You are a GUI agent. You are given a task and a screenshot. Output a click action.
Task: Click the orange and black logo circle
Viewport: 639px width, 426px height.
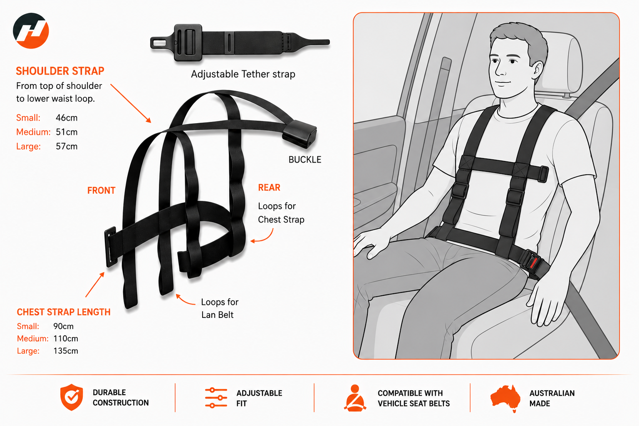[x=31, y=30]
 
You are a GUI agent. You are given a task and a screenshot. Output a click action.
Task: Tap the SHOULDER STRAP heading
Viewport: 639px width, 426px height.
[x=60, y=71]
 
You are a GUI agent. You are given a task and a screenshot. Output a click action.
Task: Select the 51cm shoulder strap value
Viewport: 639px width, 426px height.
[x=67, y=132]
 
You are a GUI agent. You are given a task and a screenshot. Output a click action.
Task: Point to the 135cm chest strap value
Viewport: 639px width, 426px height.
[x=66, y=351]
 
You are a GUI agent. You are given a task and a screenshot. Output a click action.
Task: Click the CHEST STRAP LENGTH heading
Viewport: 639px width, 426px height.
[x=64, y=312]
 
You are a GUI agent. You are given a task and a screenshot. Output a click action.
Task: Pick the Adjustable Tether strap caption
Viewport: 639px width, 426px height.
[x=243, y=74]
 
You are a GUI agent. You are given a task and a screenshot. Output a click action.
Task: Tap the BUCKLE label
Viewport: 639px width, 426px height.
[x=305, y=159]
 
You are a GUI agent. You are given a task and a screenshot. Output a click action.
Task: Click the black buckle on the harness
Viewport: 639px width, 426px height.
[x=300, y=134]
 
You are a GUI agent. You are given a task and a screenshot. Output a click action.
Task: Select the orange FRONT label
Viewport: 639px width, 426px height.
[x=101, y=190]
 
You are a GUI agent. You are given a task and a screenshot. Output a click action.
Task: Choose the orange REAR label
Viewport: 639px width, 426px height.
[x=269, y=188]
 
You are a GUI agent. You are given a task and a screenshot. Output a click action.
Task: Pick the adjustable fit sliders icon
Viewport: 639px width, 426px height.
[x=216, y=397]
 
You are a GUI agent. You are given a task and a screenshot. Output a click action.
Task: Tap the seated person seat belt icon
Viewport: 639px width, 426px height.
[x=355, y=398]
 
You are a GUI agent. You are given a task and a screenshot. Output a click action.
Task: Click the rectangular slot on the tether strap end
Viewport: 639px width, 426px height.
[x=159, y=43]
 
